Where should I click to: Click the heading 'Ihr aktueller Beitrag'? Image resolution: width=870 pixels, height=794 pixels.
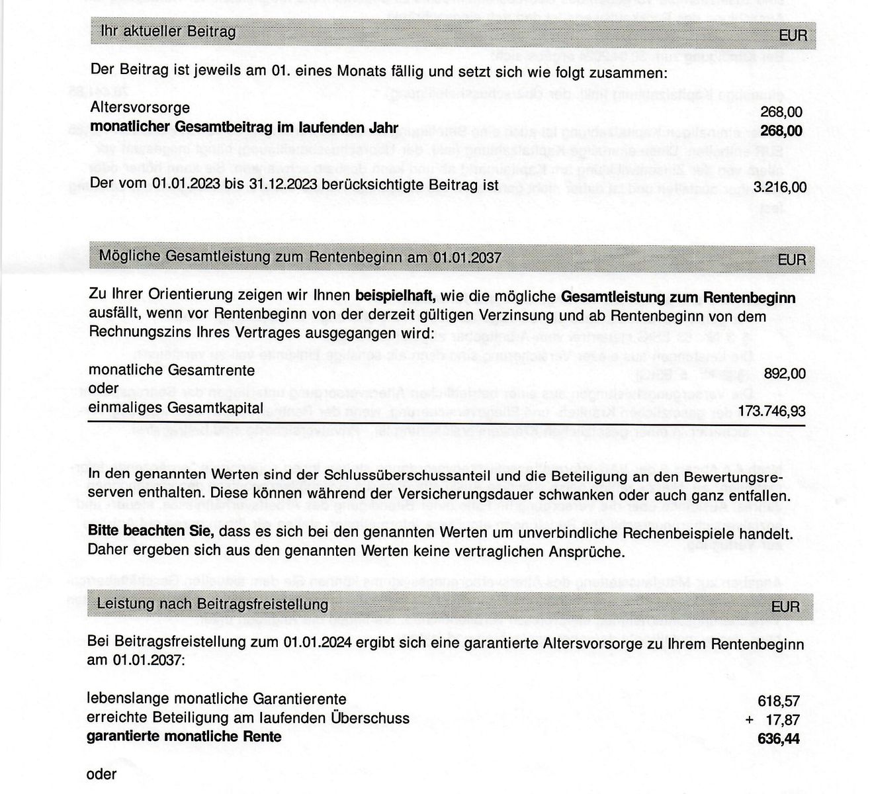[167, 31]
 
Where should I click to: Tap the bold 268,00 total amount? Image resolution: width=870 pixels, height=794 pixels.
[781, 131]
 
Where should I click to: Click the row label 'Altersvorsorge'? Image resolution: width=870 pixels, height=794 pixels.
[140, 108]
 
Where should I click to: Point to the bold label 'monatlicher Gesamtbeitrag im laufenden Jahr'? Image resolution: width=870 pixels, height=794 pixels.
[244, 127]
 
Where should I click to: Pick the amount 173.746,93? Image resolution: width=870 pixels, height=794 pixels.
[771, 412]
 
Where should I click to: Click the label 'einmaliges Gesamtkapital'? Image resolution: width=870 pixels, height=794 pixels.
[175, 408]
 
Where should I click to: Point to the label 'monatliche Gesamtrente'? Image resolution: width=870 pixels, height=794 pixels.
[171, 371]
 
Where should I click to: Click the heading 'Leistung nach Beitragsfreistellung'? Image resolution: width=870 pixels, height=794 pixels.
[212, 604]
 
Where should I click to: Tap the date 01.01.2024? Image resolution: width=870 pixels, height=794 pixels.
[314, 642]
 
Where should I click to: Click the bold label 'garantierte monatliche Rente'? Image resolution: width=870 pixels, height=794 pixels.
[184, 736]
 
